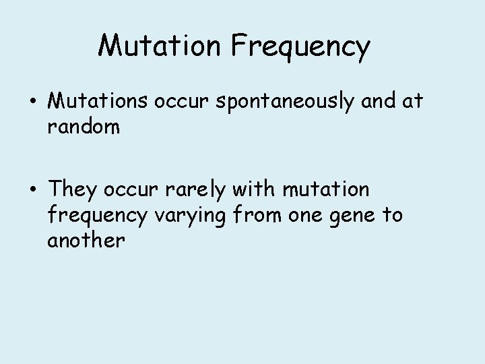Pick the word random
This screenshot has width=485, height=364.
coord(84,126)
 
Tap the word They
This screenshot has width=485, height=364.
coord(73,190)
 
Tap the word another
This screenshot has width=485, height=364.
coord(86,240)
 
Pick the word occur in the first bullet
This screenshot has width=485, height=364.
coord(182,100)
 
